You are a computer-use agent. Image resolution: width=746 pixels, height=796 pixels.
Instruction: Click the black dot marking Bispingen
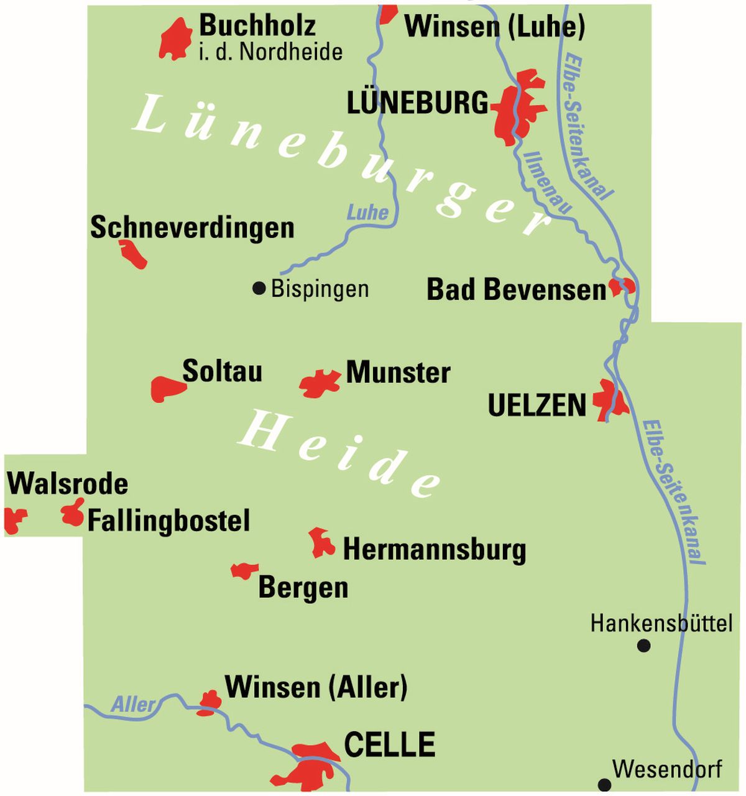tap(259, 288)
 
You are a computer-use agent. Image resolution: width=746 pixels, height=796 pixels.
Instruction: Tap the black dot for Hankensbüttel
tap(643, 646)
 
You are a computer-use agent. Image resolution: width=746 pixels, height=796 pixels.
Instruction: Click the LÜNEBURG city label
tap(417, 103)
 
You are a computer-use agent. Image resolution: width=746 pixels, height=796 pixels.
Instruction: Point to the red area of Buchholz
tap(174, 40)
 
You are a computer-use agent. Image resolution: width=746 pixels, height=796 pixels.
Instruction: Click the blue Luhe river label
tap(367, 213)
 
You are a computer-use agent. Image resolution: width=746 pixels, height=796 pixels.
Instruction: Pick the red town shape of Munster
tap(320, 384)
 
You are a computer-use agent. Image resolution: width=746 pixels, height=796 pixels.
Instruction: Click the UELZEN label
tap(536, 405)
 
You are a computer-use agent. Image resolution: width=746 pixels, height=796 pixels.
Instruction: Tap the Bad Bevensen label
tap(515, 290)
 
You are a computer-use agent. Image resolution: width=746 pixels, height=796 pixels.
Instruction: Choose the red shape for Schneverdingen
tap(134, 254)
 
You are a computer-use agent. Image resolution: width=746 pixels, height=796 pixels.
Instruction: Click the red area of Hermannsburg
tap(321, 543)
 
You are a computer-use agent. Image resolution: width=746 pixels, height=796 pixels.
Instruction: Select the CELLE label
tap(389, 744)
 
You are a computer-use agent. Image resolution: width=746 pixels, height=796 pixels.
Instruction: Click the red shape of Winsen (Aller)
tap(210, 702)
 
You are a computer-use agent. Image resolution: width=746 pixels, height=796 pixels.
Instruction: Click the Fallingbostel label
tap(168, 521)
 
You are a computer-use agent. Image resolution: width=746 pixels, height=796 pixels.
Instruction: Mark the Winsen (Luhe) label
tap(494, 26)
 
